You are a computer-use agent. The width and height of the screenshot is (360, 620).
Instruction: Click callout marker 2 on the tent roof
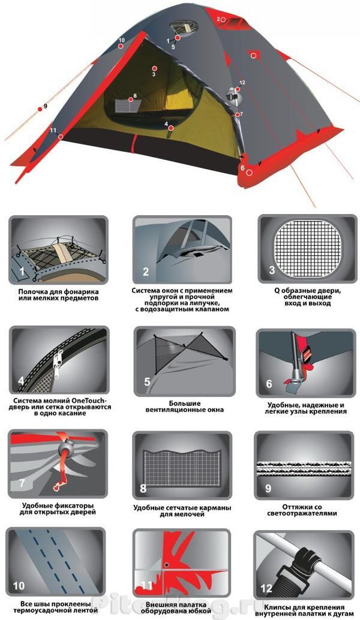point(223,19)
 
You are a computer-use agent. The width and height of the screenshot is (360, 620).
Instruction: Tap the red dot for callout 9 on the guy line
point(40,109)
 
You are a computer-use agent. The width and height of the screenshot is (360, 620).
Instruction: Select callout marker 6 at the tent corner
point(249,173)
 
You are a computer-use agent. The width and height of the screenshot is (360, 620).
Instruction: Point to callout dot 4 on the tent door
point(170,128)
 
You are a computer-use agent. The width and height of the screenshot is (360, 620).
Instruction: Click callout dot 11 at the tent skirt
point(61,137)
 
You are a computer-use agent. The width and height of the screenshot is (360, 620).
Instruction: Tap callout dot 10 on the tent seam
point(120,46)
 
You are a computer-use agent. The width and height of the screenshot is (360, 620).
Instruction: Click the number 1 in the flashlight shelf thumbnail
point(22,271)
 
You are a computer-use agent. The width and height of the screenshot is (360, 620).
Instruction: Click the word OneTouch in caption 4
point(80,401)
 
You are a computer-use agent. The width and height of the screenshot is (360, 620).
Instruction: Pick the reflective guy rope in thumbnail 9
point(304,468)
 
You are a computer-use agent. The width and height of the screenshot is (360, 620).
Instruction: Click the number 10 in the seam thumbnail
point(19,586)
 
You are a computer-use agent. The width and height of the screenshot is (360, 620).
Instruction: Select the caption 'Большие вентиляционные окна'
point(184,407)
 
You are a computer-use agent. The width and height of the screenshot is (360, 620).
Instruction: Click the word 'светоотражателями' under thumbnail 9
point(302,513)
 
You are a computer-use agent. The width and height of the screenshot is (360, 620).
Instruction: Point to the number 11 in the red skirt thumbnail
point(146,585)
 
